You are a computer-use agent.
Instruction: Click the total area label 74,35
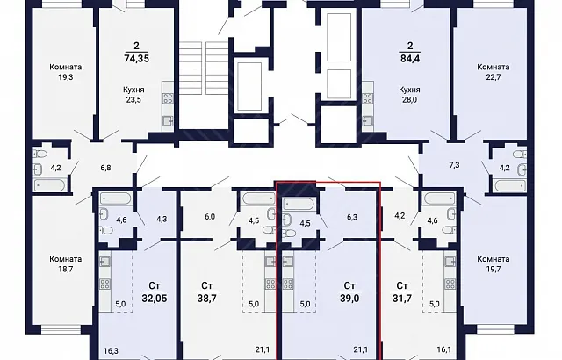(x=136, y=58)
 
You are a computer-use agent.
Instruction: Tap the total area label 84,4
(x=410, y=58)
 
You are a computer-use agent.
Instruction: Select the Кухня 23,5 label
(x=133, y=95)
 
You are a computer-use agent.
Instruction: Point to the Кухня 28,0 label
(x=409, y=95)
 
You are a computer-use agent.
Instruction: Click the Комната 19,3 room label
(x=66, y=72)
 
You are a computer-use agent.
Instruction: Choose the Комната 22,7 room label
(x=494, y=72)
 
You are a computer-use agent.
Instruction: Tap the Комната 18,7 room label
(x=66, y=263)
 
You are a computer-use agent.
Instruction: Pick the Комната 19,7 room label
(x=494, y=263)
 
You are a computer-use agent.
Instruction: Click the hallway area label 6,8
(x=105, y=168)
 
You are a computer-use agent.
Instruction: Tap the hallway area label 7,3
(x=455, y=165)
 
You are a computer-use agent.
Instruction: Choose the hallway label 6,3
(x=352, y=217)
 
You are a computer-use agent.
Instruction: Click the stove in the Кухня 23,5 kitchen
(x=168, y=98)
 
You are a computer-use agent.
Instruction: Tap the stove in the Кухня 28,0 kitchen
(x=368, y=98)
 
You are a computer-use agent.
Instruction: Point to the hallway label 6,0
(x=210, y=216)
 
